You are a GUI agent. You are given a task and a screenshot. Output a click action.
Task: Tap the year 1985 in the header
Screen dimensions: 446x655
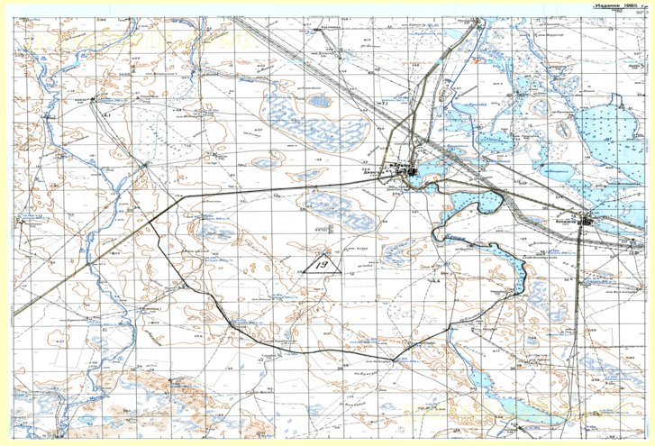tap(632, 5)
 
